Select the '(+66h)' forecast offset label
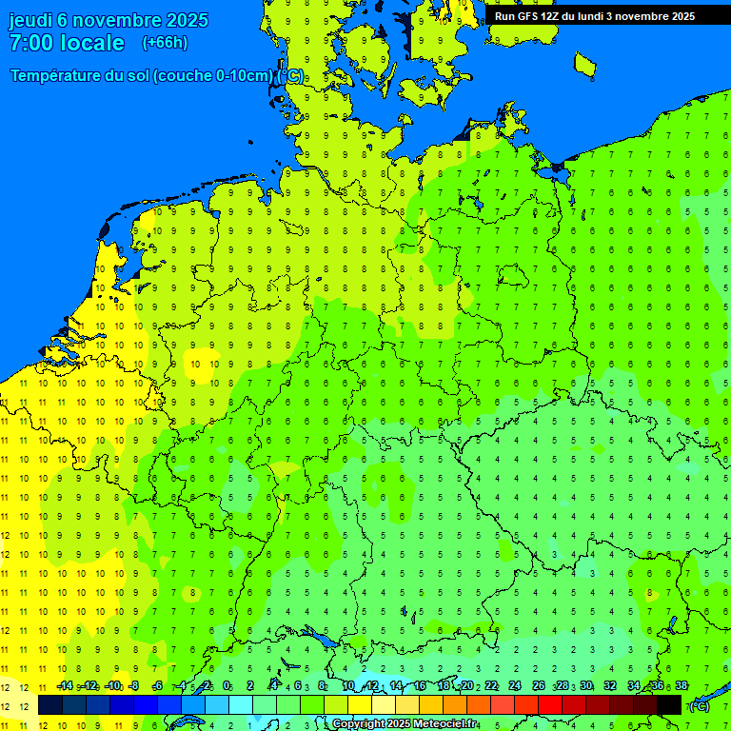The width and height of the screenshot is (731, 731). [165, 43]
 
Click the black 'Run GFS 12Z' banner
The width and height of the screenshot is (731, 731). [595, 16]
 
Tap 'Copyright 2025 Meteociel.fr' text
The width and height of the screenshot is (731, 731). [405, 724]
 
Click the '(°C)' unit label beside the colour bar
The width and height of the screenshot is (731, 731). [698, 705]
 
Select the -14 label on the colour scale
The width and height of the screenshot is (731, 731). [65, 686]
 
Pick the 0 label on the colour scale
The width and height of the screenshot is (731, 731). [227, 686]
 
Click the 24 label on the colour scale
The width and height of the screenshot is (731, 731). [514, 686]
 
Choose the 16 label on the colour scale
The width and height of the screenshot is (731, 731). [419, 686]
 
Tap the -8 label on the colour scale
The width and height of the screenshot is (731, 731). [134, 686]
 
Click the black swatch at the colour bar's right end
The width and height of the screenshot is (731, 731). [669, 704]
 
